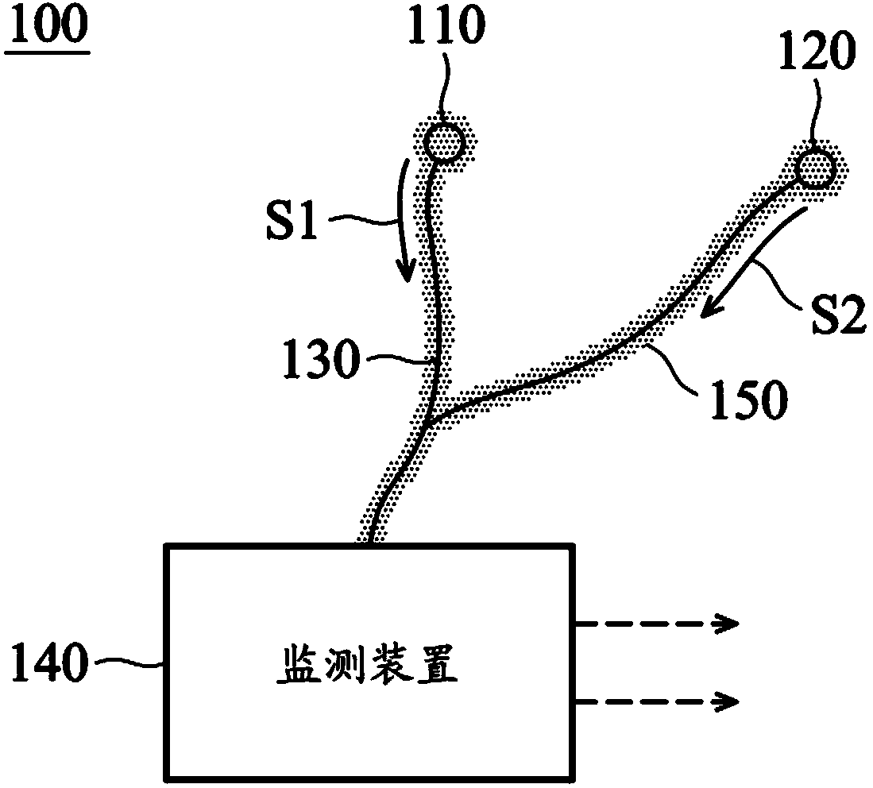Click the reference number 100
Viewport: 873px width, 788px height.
[x=47, y=32]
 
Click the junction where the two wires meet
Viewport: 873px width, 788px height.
[x=429, y=421]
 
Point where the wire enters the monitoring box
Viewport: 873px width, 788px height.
[x=371, y=543]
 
